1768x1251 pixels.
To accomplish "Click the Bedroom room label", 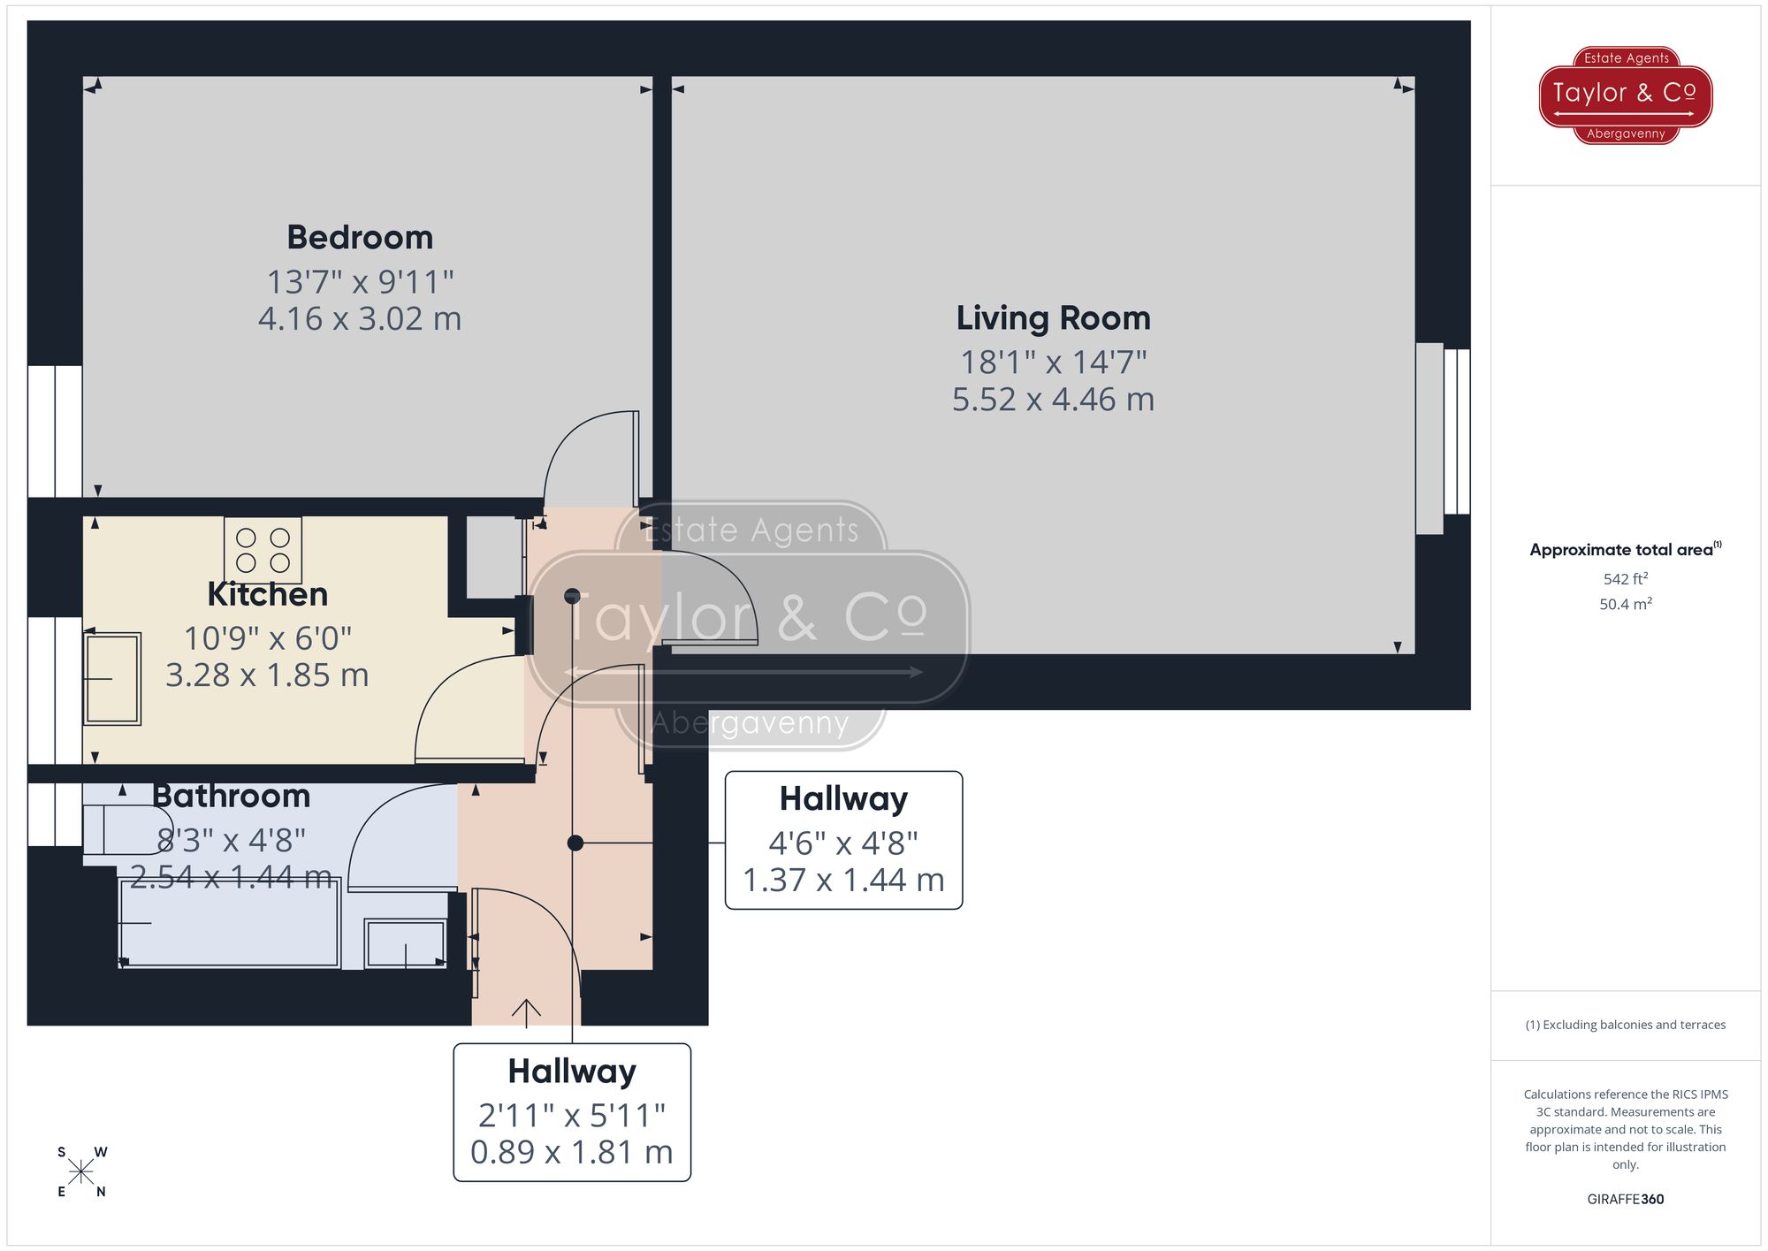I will pos(360,237).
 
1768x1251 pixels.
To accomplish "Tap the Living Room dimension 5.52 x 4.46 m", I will pos(1053,400).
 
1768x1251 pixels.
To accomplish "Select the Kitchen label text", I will pos(267,594).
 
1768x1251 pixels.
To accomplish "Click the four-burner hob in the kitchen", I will pos(263,550).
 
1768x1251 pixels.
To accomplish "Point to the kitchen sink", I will pos(112,678).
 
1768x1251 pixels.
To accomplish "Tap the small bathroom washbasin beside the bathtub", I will pos(406,944).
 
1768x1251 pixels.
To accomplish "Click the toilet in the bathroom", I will pos(124,829).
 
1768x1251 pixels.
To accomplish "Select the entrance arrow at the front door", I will pos(526,1012).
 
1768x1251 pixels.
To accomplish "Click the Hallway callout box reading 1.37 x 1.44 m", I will pos(843,840).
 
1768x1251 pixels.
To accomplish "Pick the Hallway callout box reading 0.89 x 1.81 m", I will pos(572,1112).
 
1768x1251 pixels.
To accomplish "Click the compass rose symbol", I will pos(80,1172).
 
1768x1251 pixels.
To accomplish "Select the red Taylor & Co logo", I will pos(1625,95).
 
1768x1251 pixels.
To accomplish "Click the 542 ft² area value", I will pos(1625,579).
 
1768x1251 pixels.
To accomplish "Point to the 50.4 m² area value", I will pos(1625,605).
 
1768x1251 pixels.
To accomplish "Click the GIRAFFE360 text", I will pos(1625,1200).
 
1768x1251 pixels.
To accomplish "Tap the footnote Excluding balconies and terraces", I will pos(1625,1025).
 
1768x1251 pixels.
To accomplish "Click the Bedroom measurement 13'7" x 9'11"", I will pos(360,282).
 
